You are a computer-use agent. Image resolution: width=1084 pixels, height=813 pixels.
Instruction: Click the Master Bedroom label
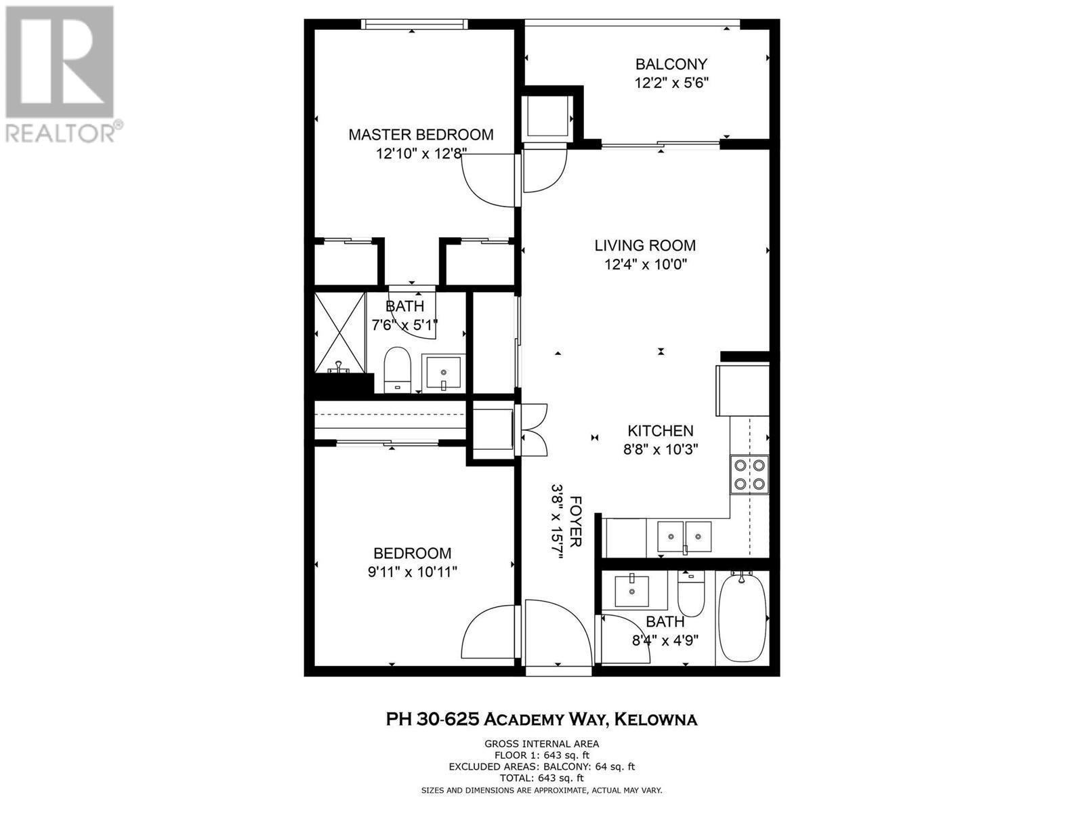pyautogui.click(x=421, y=134)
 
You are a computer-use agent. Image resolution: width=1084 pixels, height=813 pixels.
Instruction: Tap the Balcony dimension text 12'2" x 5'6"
pyautogui.click(x=671, y=83)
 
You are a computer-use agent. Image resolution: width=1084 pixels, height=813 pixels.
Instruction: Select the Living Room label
pyautogui.click(x=645, y=245)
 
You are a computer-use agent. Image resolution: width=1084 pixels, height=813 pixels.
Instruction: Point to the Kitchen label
pyautogui.click(x=661, y=431)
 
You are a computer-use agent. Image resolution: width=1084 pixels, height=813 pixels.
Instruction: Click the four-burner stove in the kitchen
pyautogui.click(x=749, y=474)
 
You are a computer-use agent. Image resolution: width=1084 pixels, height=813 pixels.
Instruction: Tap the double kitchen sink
pyautogui.click(x=684, y=537)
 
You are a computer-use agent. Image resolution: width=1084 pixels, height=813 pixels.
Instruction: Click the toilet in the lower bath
pyautogui.click(x=690, y=594)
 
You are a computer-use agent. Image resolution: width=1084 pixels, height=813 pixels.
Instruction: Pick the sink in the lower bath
pyautogui.click(x=631, y=591)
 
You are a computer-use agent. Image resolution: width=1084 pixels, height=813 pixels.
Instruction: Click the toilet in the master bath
pyautogui.click(x=398, y=370)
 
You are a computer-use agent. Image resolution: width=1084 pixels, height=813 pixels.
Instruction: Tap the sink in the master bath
pyautogui.click(x=444, y=372)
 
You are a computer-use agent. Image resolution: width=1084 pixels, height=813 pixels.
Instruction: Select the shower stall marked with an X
pyautogui.click(x=340, y=332)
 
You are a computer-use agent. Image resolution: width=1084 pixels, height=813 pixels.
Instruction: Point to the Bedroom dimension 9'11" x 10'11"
pyautogui.click(x=413, y=572)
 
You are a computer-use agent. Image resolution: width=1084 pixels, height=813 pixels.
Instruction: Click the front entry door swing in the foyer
pyautogui.click(x=558, y=633)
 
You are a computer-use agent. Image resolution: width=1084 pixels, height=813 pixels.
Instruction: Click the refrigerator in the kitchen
pyautogui.click(x=743, y=390)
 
